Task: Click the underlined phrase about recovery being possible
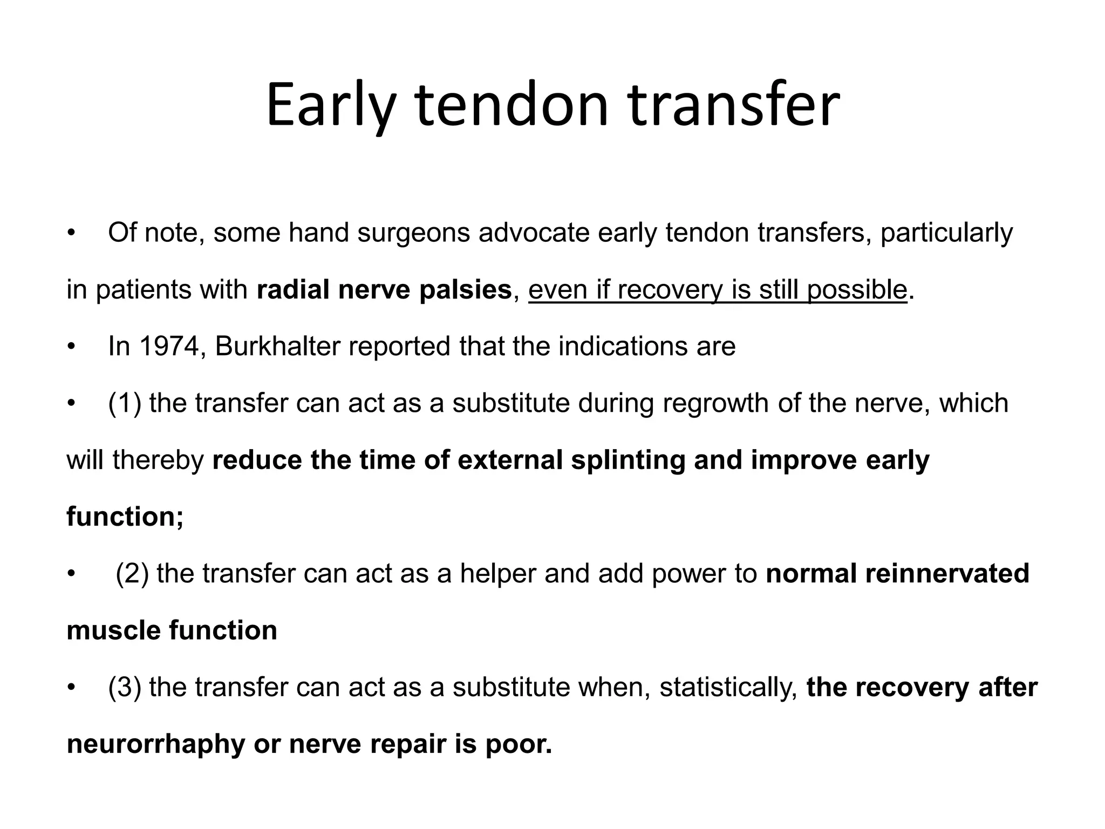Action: (717, 290)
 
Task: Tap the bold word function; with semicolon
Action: (125, 517)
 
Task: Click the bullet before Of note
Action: (70, 234)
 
